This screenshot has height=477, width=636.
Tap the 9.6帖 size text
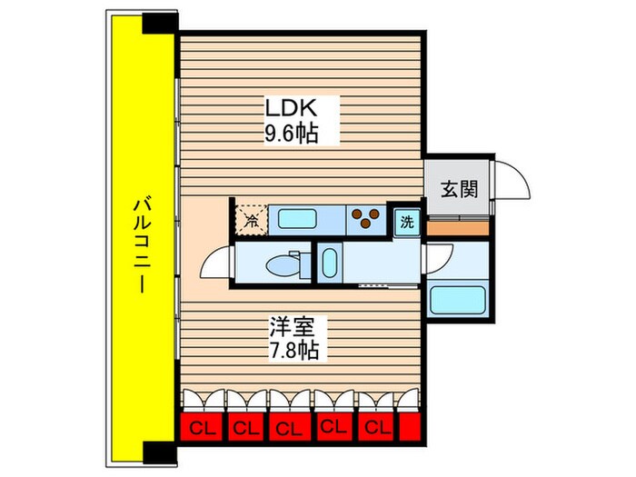pyautogui.click(x=291, y=134)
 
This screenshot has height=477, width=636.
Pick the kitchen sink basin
pyautogui.click(x=297, y=219)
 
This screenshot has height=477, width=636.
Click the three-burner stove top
pyautogui.click(x=365, y=219)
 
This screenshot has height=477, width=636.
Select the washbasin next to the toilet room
pyautogui.click(x=328, y=264)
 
